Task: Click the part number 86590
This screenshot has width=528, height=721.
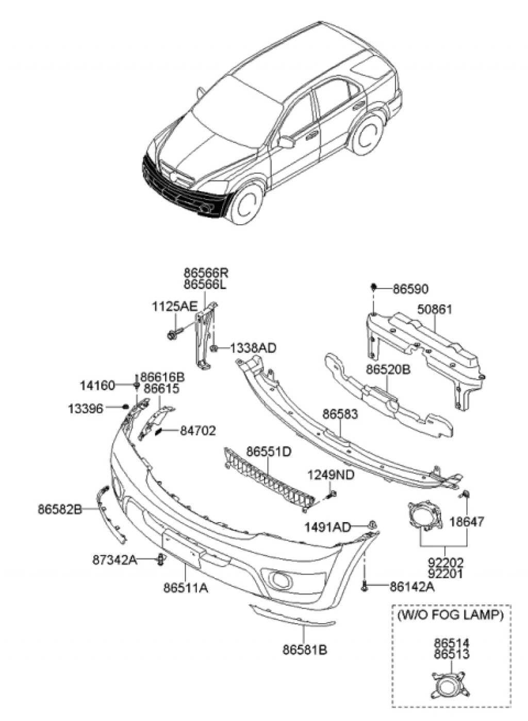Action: coord(410,289)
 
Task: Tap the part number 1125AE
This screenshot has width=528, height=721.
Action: coord(174,307)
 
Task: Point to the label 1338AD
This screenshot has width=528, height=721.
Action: coord(253,348)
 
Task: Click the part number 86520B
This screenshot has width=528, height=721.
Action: coord(388,370)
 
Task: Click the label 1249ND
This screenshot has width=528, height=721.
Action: coord(331,475)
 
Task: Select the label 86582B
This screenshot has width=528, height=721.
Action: coord(60,509)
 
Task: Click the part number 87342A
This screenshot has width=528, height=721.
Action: coord(115,559)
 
